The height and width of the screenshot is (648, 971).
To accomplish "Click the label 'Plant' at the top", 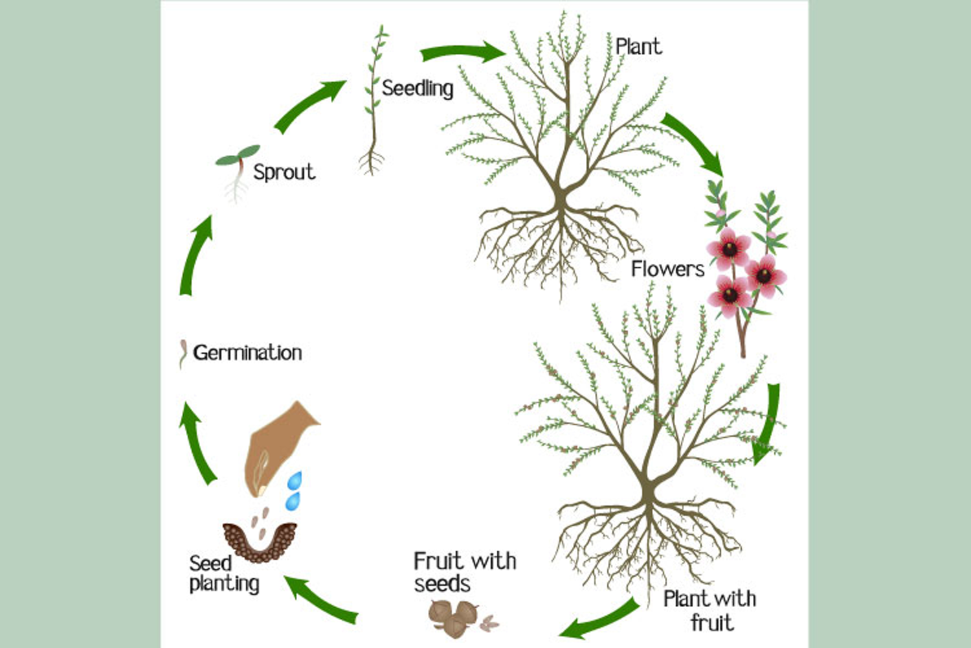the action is coord(638,47).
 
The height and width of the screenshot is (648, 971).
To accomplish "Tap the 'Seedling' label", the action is coord(418,89).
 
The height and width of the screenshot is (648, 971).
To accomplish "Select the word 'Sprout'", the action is coord(284,172).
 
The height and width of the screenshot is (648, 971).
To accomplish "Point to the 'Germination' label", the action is coord(247,353).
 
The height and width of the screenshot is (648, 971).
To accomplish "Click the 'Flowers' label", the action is coord(667,269).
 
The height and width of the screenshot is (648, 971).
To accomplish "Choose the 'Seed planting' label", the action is coord(224,573).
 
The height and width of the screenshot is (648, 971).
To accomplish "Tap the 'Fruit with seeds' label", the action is coord(465,572).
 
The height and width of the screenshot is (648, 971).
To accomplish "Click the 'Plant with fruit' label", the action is coord(710,610).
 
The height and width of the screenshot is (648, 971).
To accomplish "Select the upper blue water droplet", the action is coord(295,480).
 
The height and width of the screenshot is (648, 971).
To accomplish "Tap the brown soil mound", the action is coord(260,542).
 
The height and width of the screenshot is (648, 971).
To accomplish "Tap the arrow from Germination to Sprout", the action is coord(194,256).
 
